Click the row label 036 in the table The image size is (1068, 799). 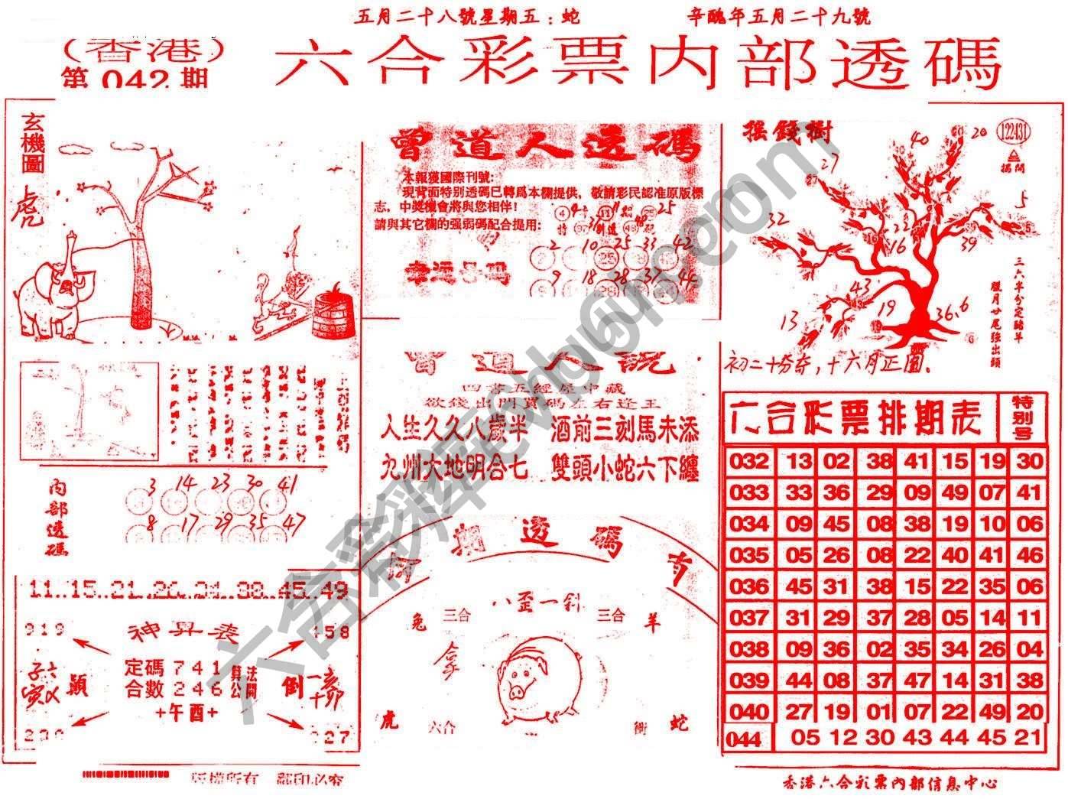(748, 586)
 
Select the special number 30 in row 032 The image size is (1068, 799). (1030, 460)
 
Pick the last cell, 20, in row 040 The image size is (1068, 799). (1030, 712)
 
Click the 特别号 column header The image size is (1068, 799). (1022, 417)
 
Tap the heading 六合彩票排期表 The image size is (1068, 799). (860, 417)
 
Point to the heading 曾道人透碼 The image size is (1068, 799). (544, 145)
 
